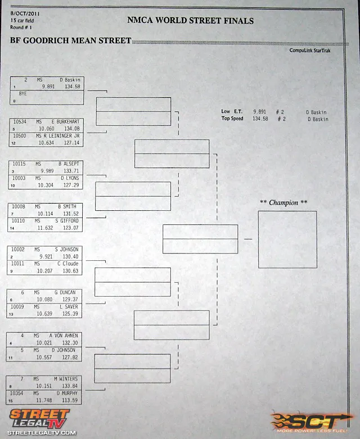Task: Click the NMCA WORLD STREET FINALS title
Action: tap(190, 21)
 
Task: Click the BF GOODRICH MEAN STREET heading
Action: tap(71, 40)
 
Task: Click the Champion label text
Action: tap(283, 202)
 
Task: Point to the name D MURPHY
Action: tap(67, 393)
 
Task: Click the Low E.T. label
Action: tap(232, 112)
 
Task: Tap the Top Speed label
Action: tap(232, 119)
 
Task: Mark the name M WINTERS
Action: tap(66, 379)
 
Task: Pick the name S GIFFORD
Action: tap(68, 221)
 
